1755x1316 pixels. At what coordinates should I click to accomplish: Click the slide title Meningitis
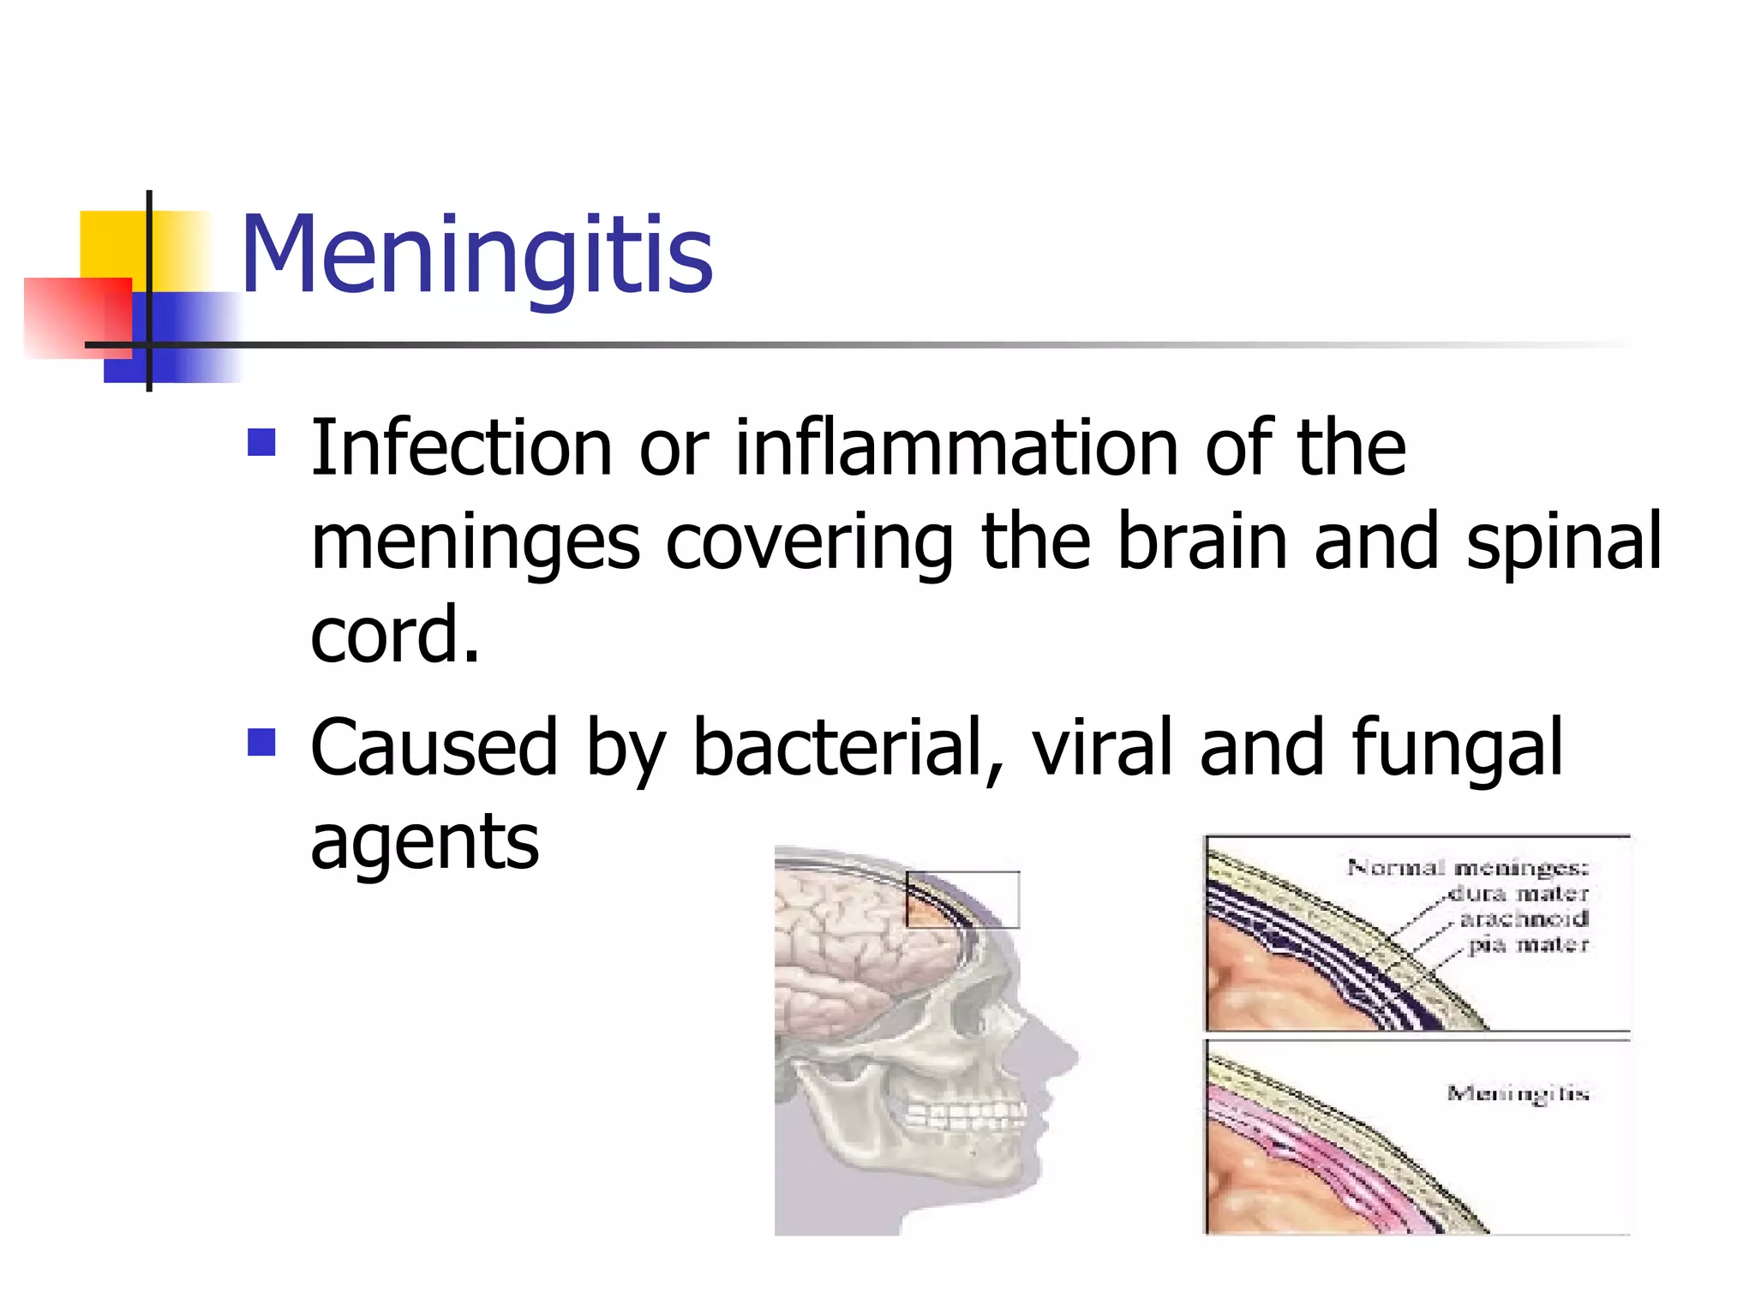[x=476, y=254]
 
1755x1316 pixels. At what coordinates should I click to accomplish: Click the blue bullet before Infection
[x=261, y=442]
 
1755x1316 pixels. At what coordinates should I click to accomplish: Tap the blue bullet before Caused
[x=261, y=742]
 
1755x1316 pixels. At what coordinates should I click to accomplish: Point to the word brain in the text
[x=1202, y=541]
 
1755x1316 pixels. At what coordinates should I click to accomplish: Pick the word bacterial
[x=837, y=747]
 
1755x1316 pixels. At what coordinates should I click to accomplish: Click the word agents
[x=424, y=843]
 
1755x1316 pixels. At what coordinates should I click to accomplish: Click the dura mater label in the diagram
[x=1518, y=894]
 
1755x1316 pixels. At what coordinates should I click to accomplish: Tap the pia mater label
[x=1529, y=945]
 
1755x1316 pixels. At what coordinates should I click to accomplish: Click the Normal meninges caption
[x=1467, y=867]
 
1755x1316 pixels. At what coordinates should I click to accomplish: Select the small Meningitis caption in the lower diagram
[x=1518, y=1093]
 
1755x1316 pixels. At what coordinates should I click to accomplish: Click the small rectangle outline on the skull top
[x=962, y=900]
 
